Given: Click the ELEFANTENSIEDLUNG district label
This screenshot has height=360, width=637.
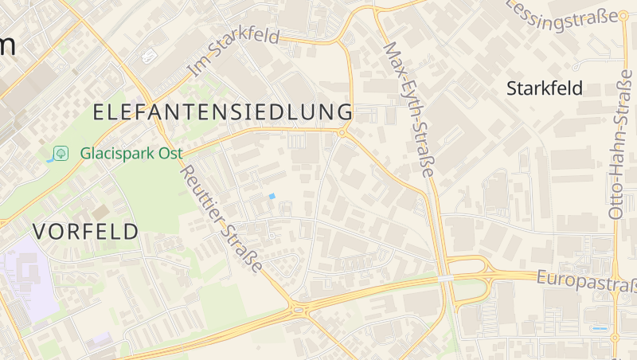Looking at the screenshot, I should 223,112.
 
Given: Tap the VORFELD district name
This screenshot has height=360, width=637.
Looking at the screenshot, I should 86,232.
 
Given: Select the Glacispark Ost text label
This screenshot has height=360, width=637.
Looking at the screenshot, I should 131,153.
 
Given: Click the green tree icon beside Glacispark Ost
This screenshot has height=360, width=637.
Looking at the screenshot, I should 61,153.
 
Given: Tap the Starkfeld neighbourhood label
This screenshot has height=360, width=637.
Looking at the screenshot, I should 545,88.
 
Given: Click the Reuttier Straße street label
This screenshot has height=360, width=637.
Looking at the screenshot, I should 221,217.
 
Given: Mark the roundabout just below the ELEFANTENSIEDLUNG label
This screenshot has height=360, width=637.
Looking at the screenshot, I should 342,133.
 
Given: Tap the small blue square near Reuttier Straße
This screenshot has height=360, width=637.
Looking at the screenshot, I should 272,196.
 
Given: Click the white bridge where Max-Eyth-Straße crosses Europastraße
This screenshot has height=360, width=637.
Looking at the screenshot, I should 445,278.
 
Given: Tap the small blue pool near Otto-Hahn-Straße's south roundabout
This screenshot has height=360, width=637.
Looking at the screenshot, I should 600,327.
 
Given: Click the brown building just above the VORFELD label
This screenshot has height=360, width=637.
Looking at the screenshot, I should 100,213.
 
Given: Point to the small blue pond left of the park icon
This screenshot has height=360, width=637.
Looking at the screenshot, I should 50,159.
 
